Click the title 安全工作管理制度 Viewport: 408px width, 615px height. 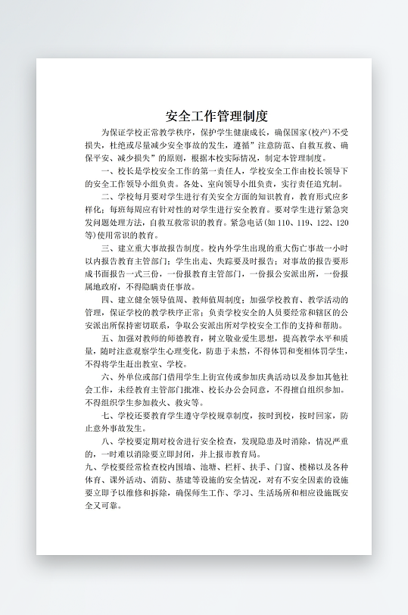[x=216, y=116]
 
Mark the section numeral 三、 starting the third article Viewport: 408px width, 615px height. [x=107, y=248]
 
